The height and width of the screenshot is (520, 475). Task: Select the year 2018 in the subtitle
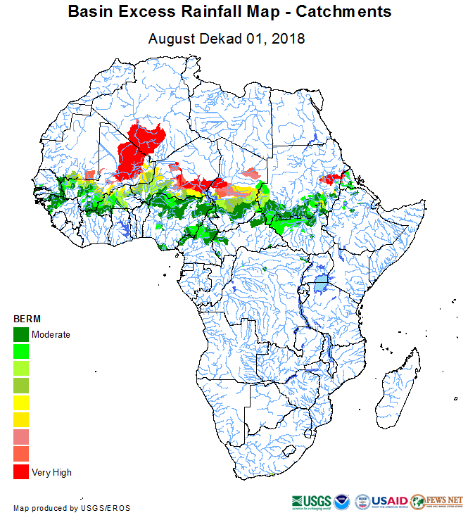[x=289, y=38]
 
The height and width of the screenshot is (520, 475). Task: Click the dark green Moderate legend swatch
[x=21, y=334]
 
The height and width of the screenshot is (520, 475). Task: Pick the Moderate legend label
[x=51, y=334]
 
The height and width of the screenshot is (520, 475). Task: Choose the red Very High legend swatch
[x=21, y=471]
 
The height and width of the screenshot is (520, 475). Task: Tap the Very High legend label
[x=51, y=472]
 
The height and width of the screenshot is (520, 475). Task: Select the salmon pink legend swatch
[x=21, y=437]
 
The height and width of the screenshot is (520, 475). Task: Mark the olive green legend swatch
[x=21, y=385]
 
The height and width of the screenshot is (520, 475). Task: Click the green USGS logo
[x=309, y=502]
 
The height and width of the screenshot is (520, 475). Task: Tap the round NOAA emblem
[x=342, y=502]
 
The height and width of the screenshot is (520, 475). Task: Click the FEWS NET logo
[x=437, y=501]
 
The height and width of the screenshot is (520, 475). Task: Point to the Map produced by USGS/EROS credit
[x=72, y=508]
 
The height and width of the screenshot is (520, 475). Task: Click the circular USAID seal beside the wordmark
[x=363, y=502]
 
